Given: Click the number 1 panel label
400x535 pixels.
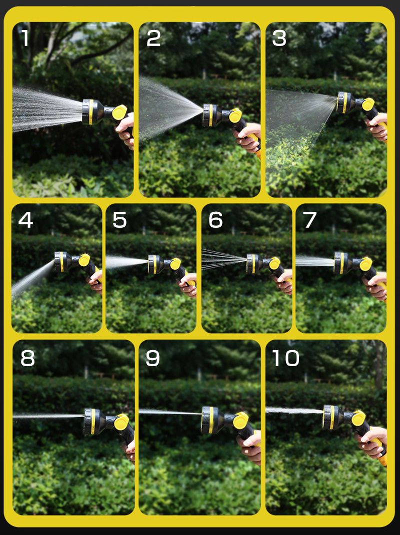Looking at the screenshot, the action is coord(25,38).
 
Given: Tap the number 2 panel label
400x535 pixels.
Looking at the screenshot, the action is coord(153,38).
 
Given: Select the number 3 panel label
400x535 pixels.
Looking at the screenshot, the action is coord(279,38).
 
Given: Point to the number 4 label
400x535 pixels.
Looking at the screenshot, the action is coord(25,220).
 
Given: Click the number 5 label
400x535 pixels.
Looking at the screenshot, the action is coord(119,220).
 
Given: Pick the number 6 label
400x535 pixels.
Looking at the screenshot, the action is coord(215,220).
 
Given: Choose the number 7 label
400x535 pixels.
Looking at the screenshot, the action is coord(310,220).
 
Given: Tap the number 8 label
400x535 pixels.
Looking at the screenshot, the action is coord(27,358).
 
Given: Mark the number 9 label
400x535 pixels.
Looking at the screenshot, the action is coord(152,358).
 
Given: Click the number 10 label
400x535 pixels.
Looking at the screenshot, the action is coord(285,358).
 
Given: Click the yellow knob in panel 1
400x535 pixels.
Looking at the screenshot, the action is coord(119,112).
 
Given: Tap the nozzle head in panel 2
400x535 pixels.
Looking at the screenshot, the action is coord(212,115).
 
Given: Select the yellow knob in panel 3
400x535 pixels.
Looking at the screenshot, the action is coord(368,104).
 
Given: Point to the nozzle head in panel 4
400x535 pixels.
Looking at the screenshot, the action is coord(63,262).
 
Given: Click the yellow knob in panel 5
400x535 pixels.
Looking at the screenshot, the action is coord(175,264).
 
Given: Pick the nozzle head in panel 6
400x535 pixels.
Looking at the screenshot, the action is coord(254,264).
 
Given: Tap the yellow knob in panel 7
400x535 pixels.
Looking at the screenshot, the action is coord(365,264).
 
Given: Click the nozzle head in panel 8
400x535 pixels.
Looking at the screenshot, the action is coord(94,422).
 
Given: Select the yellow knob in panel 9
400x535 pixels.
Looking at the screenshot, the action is coord(241,421).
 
